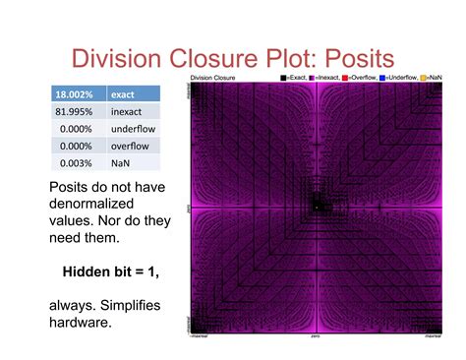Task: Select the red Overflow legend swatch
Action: (x=346, y=77)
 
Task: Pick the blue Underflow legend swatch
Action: (x=383, y=77)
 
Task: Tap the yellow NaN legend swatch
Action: (x=425, y=77)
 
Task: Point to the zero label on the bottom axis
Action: (x=316, y=336)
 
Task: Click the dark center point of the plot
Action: (x=316, y=207)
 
